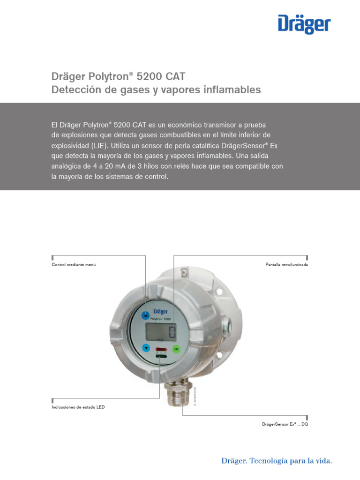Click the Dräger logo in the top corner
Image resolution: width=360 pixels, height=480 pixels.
pos(304,24)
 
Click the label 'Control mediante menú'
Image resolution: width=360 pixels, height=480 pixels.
pos(77,265)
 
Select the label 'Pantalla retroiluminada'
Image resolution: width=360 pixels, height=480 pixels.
pos(286,265)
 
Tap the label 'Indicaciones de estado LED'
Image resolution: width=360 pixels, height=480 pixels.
pos(78,407)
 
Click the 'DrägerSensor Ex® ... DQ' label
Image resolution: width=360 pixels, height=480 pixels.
pos(285,424)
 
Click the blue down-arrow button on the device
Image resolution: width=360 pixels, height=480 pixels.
pos(146,348)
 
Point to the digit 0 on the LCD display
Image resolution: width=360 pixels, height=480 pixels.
pos(172,333)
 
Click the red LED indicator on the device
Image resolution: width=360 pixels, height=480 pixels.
pos(161,349)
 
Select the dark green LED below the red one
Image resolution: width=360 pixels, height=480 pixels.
pos(161,357)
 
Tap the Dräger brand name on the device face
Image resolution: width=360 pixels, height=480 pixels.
pos(161,312)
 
